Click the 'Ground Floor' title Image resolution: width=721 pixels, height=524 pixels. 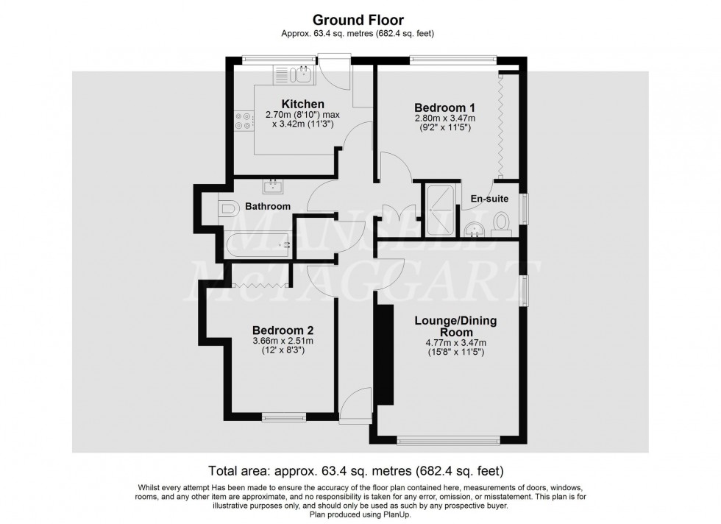click(x=360, y=21)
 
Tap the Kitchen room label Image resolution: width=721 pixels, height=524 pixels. click(x=302, y=104)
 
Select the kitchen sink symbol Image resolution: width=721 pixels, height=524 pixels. click(x=294, y=74)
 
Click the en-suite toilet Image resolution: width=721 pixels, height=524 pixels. click(x=502, y=222)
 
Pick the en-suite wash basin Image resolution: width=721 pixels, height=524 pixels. click(x=475, y=228)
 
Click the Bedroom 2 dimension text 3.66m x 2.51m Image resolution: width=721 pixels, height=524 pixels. click(x=283, y=341)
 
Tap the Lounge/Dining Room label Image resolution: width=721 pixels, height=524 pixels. click(x=456, y=326)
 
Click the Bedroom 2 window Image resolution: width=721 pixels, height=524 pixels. click(x=284, y=417)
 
